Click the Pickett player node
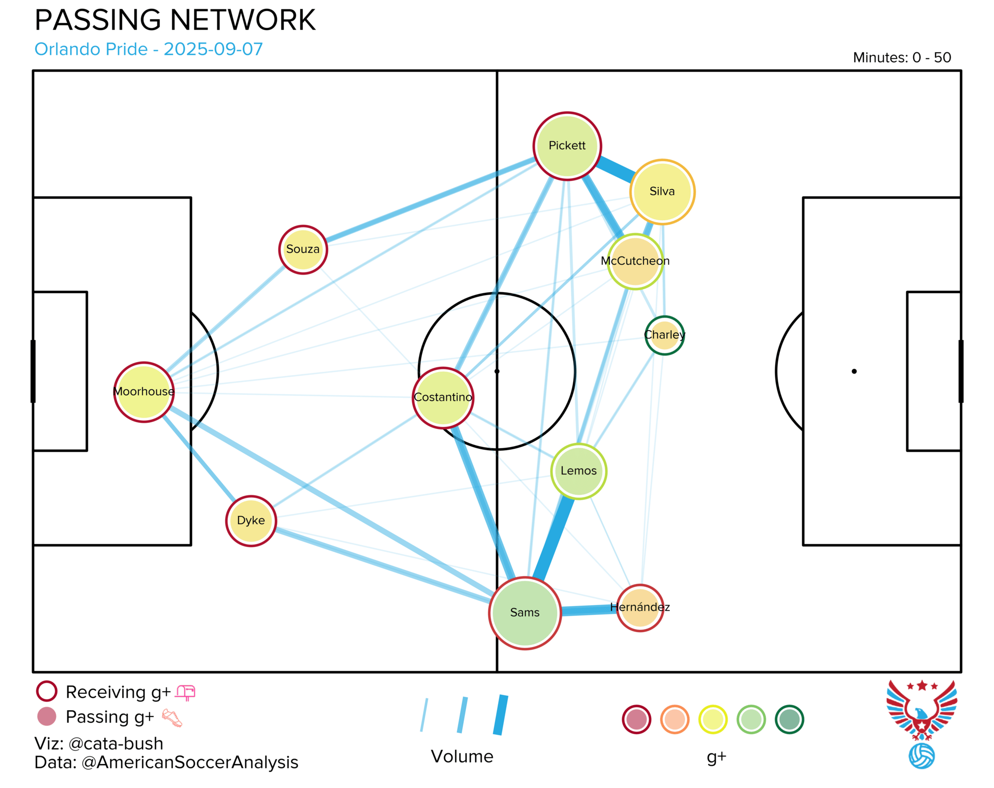pyautogui.click(x=567, y=146)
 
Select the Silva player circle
pyautogui.click(x=662, y=192)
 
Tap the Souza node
pyautogui.click(x=303, y=249)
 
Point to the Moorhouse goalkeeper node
pyautogui.click(x=144, y=392)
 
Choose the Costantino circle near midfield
pyautogui.click(x=443, y=397)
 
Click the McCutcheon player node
pyautogui.click(x=635, y=261)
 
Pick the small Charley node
pyautogui.click(x=664, y=335)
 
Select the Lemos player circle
pyautogui.click(x=578, y=471)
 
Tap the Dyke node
pyautogui.click(x=251, y=521)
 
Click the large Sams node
pyautogui.click(x=525, y=613)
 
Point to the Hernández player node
pyautogui.click(x=640, y=608)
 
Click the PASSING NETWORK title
pyautogui.click(x=175, y=20)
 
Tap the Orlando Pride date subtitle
pyautogui.click(x=149, y=49)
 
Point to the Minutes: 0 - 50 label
pyautogui.click(x=902, y=58)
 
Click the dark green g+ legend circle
pyautogui.click(x=789, y=720)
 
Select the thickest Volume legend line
pyautogui.click(x=501, y=715)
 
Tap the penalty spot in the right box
pyautogui.click(x=854, y=371)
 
